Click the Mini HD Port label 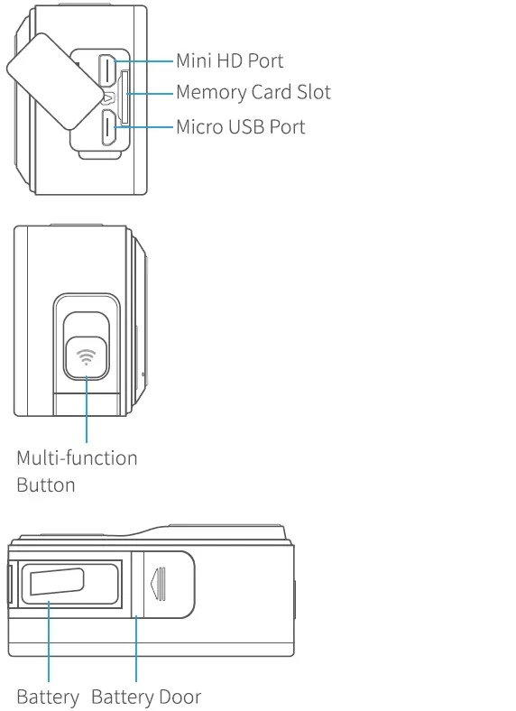click(229, 61)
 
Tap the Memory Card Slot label click(253, 92)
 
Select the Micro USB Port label click(240, 125)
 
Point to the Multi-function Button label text click(77, 471)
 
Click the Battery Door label click(146, 697)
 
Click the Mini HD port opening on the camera click(107, 69)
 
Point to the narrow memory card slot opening click(124, 97)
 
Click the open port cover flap click(52, 77)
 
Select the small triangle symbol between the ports click(107, 98)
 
